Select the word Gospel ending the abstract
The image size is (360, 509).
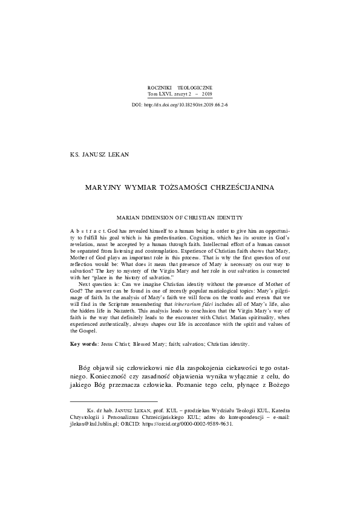point(82,331)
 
